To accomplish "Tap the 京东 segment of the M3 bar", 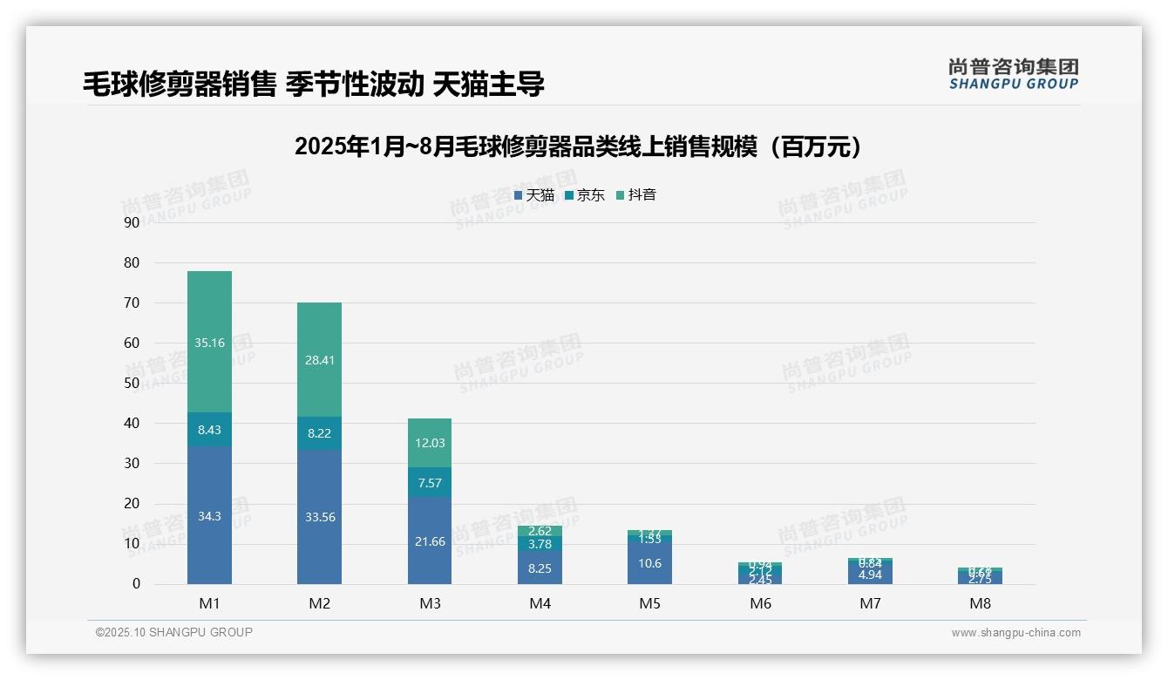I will point(430,483).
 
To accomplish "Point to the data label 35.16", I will point(209,343).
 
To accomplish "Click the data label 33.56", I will point(319,517).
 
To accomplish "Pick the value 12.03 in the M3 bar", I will point(430,443).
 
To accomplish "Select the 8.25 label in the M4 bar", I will point(540,568).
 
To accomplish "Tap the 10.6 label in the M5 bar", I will point(649,563).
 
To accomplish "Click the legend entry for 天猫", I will point(534,195).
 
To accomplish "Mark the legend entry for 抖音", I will point(636,195).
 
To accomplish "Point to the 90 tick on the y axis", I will point(132,222).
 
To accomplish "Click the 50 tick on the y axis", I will point(132,383).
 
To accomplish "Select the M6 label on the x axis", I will point(760,603).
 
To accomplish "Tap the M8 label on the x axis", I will point(980,603).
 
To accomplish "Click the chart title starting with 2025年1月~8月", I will point(579,146).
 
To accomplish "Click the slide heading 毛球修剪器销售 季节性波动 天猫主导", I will point(314,84).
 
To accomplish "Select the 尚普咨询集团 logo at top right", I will point(1013,73).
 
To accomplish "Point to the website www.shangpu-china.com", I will point(1015,633).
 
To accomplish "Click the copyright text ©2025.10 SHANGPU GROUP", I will point(174,633).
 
